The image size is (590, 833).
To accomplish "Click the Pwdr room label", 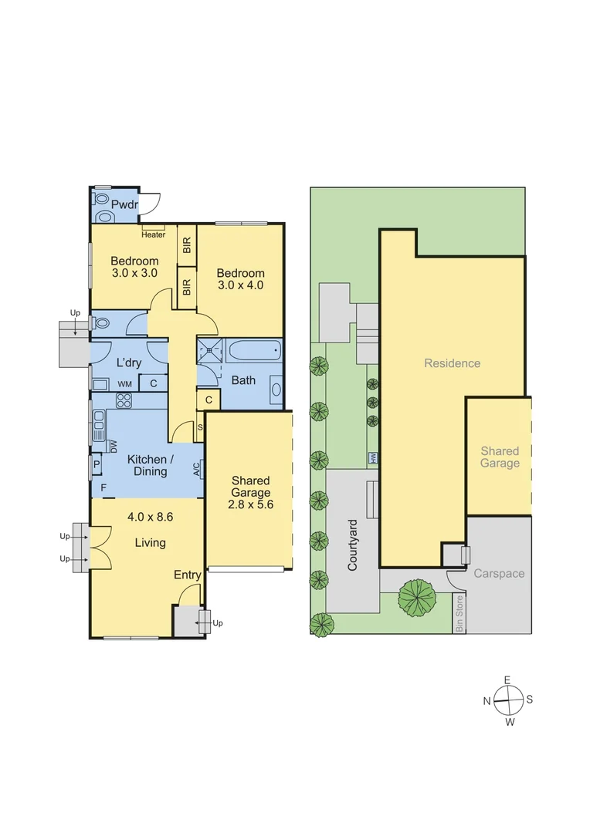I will point(124,204).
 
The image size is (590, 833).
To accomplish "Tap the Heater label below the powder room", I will point(153,234).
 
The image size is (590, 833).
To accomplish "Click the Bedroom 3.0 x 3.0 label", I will point(134,267).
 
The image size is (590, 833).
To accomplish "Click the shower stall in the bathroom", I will point(211,352).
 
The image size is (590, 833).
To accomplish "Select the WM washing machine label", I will point(124,383).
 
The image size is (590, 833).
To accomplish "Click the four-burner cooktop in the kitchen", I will point(124,400).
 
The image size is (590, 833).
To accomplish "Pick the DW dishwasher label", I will point(113,445).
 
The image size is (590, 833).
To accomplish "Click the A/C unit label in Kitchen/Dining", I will point(197,468).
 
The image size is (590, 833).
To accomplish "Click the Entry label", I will point(187,575).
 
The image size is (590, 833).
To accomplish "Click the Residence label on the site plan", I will point(452,363).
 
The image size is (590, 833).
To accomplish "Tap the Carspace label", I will point(499,574).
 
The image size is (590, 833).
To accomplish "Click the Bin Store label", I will point(459,614).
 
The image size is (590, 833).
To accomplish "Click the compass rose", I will point(508,701).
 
